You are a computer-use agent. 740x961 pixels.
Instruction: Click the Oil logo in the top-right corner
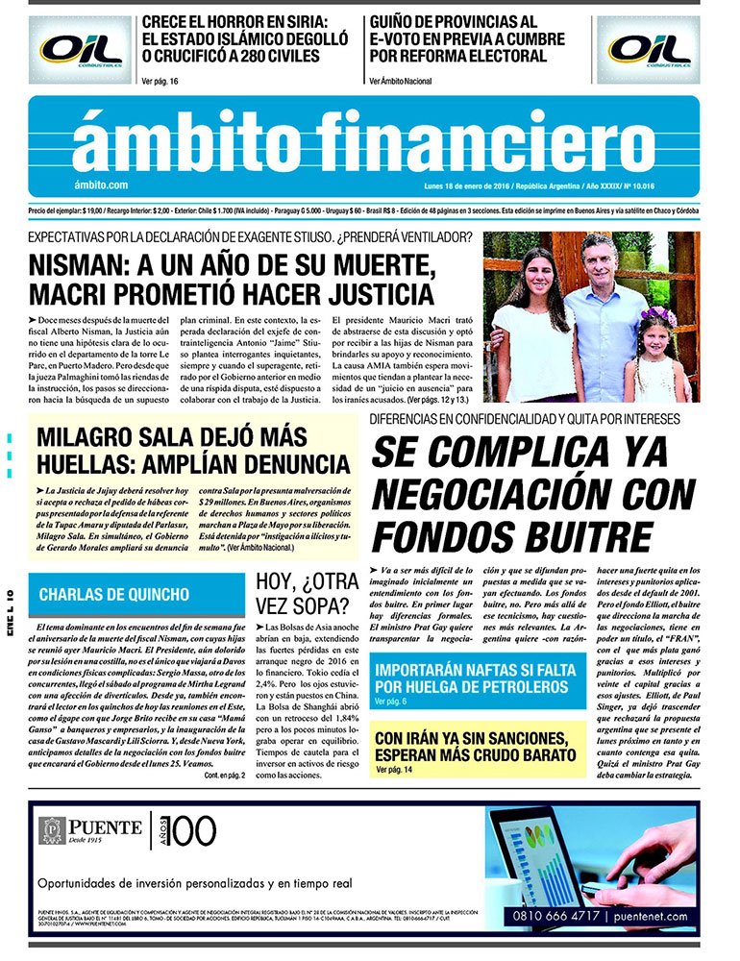coord(650,49)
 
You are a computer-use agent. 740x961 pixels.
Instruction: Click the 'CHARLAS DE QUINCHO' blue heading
coord(114,595)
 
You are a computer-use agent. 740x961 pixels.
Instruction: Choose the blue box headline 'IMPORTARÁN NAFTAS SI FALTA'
coord(475,669)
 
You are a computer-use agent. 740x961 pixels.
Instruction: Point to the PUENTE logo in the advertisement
coord(90,828)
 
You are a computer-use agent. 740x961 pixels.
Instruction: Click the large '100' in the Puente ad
coord(193,828)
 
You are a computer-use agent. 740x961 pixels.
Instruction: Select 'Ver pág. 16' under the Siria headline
coord(160,82)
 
